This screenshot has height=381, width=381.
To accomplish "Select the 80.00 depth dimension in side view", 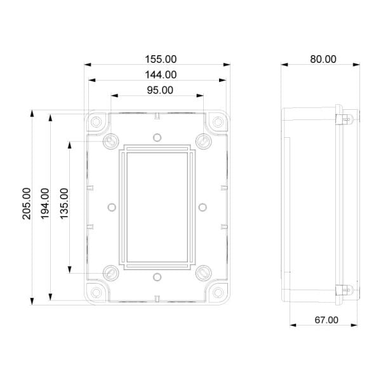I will click(323, 59).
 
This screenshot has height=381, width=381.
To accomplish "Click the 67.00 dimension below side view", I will click(326, 320).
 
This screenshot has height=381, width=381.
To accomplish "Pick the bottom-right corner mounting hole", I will click(218, 291).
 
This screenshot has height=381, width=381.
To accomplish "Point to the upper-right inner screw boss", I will click(203, 140).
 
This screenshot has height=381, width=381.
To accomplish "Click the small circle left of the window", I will click(112, 206).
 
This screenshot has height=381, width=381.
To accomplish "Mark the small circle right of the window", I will click(202, 206).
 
